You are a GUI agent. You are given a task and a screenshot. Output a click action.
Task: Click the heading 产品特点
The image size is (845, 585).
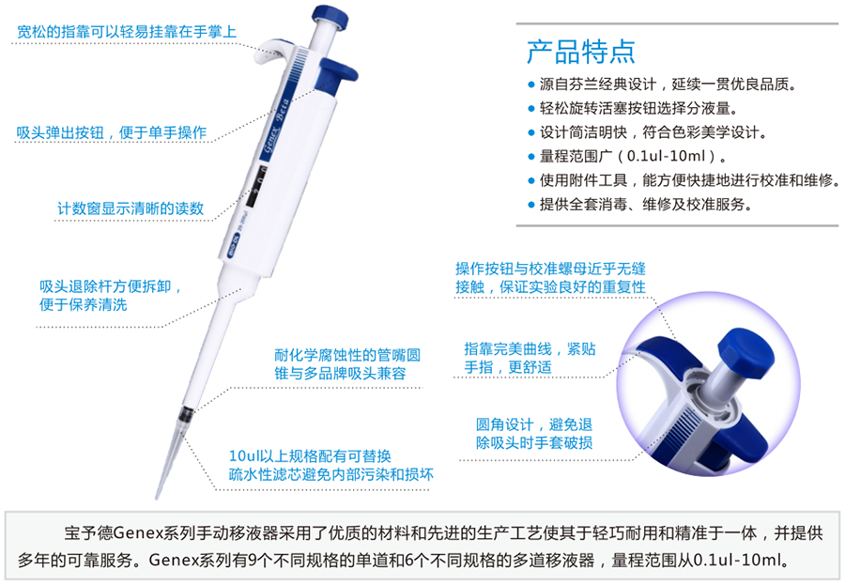[x=580, y=52]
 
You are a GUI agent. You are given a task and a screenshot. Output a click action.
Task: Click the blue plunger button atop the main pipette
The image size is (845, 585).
[x=330, y=16]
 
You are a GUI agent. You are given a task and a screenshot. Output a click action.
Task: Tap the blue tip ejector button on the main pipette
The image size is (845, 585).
[x=338, y=74]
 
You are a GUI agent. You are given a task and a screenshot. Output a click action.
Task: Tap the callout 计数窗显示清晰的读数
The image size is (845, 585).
[x=131, y=208]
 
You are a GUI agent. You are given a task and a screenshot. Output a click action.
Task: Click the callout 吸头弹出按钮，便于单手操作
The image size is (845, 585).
[x=112, y=132]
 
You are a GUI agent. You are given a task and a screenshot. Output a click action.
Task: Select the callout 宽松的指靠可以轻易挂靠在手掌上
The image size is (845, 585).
[x=127, y=31]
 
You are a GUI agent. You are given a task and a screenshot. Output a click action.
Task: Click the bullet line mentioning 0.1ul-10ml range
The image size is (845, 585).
[x=627, y=157]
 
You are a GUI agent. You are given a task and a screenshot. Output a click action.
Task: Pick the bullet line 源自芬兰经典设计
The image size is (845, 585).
[x=662, y=85]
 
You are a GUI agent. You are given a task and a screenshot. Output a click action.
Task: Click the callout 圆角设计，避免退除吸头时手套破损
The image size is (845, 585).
[x=534, y=434]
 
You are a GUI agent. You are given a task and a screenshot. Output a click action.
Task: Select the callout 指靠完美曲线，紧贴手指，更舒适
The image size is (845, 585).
[x=530, y=358]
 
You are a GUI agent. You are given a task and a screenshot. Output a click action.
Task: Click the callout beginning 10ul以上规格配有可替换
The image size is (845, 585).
[x=330, y=466]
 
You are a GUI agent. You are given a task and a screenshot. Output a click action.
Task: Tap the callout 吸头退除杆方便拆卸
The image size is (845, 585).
[x=110, y=296]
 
